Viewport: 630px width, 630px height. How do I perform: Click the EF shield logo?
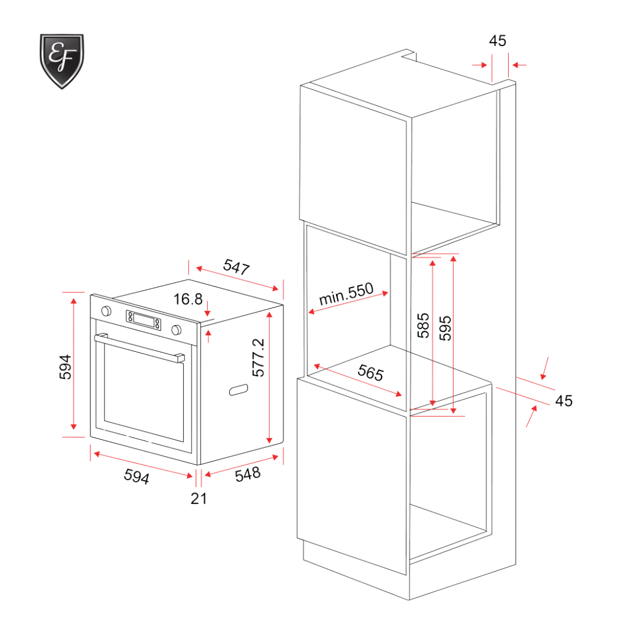pos(62,61)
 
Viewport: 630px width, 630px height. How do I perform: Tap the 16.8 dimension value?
pos(188,299)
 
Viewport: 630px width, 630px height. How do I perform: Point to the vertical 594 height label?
pos(66,367)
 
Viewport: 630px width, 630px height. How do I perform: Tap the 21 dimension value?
pos(199,498)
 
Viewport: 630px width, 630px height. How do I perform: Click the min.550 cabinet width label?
pos(346,296)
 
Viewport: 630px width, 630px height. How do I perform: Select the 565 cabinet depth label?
pos(370,372)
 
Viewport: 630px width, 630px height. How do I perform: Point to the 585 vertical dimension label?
pos(424,325)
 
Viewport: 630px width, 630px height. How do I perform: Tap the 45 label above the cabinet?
pos(498,40)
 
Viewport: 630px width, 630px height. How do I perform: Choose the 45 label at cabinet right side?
pos(563,401)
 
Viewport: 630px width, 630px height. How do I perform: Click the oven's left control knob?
pos(107,310)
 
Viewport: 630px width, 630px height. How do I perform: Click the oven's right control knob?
pos(176,330)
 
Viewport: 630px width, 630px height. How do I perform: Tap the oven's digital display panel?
pos(143,319)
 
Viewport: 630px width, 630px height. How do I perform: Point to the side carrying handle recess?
pos(239,390)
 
